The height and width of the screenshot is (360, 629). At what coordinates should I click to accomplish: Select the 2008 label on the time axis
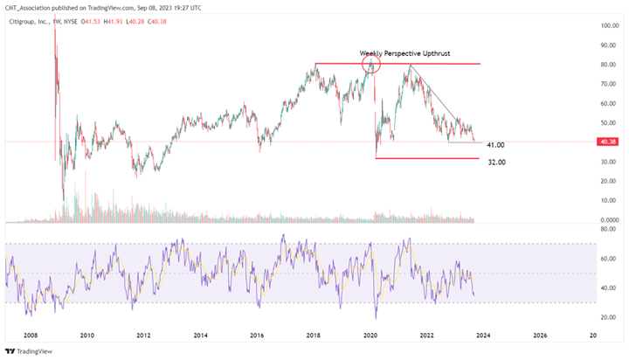(31, 335)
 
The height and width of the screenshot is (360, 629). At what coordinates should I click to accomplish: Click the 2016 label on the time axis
(258, 335)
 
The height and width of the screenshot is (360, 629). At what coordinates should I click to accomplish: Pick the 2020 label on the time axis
(370, 335)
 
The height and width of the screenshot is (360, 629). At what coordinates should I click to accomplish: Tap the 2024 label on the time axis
(484, 335)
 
